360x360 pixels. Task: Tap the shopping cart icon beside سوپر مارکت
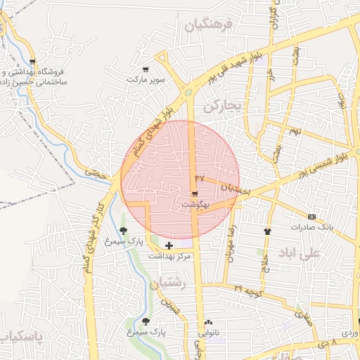146,69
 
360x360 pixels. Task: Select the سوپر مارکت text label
146,80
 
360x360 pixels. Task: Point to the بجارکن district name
221,107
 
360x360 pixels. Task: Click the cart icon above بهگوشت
194,193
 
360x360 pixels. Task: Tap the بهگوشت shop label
196,204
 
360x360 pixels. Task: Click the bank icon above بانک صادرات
312,217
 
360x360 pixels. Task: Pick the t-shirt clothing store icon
267,231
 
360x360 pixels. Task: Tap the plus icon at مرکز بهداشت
169,245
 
